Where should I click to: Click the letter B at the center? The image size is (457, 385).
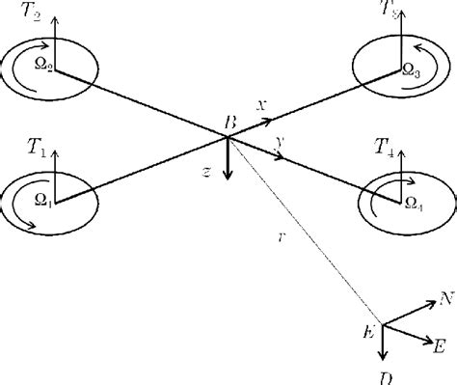click(229, 123)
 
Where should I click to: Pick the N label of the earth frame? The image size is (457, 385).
click(445, 300)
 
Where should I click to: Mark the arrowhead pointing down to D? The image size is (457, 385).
click(384, 357)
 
